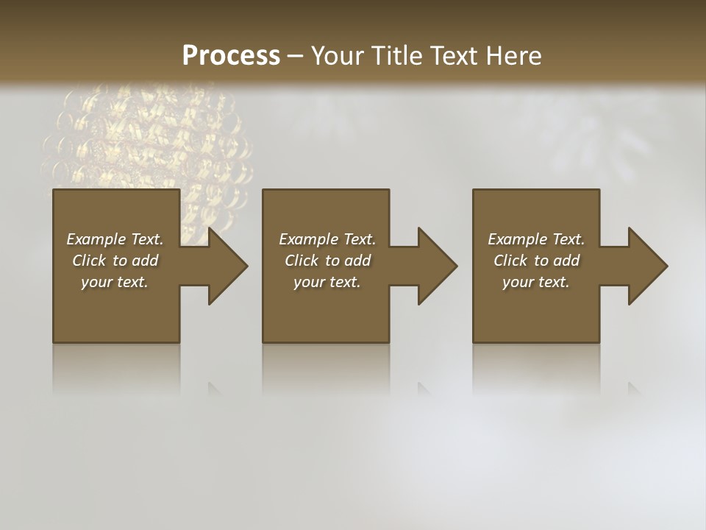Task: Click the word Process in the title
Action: pyautogui.click(x=231, y=56)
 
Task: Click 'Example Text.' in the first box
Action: pyautogui.click(x=115, y=239)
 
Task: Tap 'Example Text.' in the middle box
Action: pyautogui.click(x=327, y=239)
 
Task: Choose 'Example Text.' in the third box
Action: pyautogui.click(x=536, y=239)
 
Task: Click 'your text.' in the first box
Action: pyautogui.click(x=115, y=282)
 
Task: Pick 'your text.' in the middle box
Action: pyautogui.click(x=327, y=282)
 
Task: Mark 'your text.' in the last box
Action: pyautogui.click(x=536, y=282)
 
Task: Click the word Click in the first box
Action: pyautogui.click(x=89, y=261)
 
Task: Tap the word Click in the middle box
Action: pyautogui.click(x=302, y=261)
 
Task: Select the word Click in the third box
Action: pyautogui.click(x=510, y=261)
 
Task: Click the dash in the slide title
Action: pyautogui.click(x=295, y=56)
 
